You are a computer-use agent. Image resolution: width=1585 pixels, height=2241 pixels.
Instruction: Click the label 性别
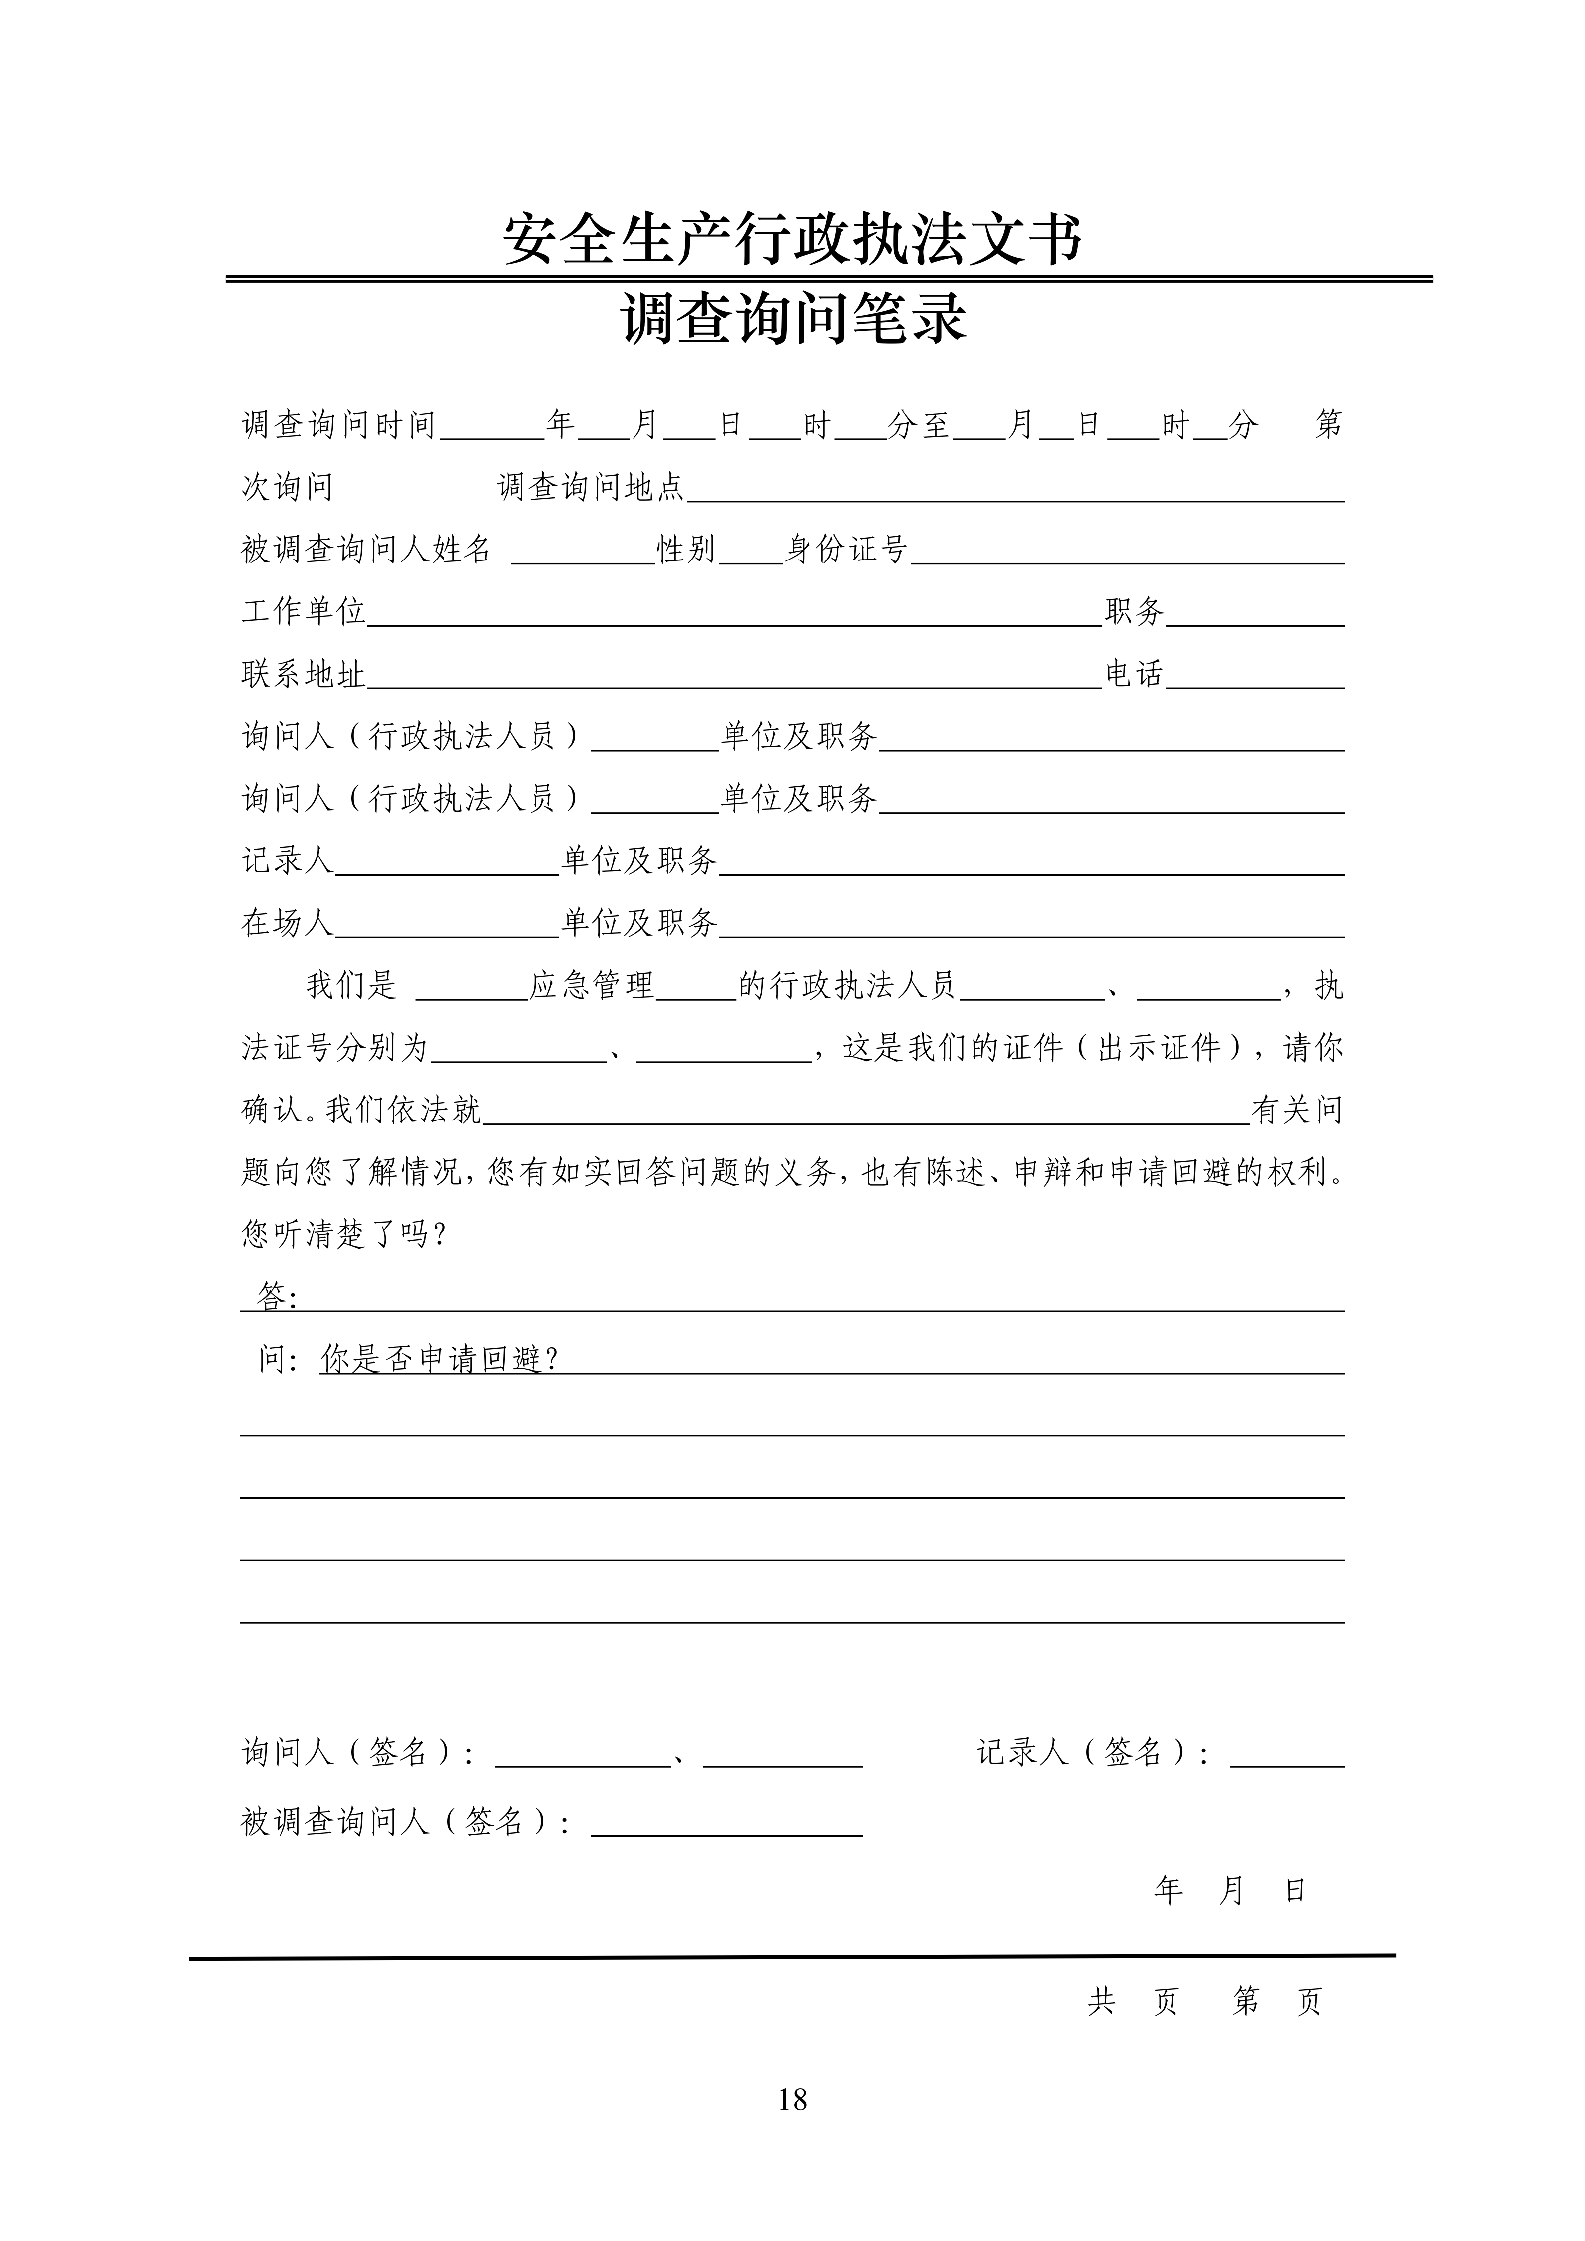pos(686,550)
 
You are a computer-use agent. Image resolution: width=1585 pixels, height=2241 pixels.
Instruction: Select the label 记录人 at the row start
pos(287,861)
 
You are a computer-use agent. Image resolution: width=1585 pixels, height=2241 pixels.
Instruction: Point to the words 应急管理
pos(592,986)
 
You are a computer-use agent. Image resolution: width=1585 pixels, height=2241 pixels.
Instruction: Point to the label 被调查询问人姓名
pos(366,550)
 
